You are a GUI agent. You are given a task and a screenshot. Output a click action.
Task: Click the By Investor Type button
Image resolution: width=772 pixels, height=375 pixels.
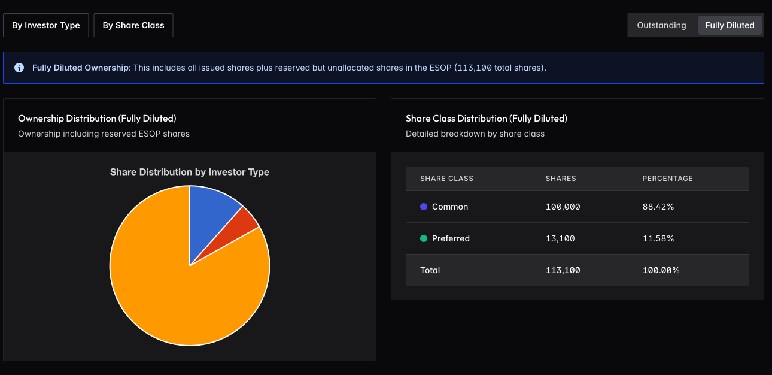click(46, 25)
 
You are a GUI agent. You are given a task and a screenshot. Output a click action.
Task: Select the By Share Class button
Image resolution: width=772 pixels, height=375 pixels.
click(133, 25)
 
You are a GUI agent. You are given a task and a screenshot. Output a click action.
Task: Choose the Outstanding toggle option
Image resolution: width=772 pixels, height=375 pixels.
click(661, 25)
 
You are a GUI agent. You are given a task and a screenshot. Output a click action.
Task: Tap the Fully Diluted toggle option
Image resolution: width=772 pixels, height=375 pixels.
click(730, 25)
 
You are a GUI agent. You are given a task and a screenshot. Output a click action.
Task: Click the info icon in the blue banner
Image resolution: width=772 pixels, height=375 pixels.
click(19, 68)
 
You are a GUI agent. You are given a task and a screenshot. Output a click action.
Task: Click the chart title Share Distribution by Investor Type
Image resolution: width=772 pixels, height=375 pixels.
click(190, 172)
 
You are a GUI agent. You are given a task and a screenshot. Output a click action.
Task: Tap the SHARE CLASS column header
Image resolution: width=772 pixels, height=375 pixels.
click(446, 179)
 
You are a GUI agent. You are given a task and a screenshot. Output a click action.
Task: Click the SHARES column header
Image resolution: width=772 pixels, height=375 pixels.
click(561, 179)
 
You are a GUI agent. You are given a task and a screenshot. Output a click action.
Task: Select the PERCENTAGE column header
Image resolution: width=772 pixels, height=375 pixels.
click(667, 179)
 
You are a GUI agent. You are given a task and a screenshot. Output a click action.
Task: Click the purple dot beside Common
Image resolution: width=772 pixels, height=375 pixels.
click(424, 207)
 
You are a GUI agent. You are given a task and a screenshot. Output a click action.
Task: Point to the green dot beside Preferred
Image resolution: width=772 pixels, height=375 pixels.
click(424, 238)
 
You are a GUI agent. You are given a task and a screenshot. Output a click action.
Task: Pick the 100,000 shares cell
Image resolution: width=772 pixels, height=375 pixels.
click(563, 207)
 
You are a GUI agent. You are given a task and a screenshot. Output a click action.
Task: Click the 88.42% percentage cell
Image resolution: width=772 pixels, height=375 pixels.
click(658, 207)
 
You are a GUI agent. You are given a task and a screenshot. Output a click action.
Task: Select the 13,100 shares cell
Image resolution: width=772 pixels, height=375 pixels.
click(560, 238)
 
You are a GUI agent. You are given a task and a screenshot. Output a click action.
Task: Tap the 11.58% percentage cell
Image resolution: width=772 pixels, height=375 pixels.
click(658, 238)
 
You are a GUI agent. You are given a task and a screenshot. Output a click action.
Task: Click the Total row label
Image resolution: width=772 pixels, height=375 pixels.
click(430, 270)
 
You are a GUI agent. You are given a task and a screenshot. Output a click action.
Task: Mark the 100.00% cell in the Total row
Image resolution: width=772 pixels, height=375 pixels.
click(661, 270)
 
